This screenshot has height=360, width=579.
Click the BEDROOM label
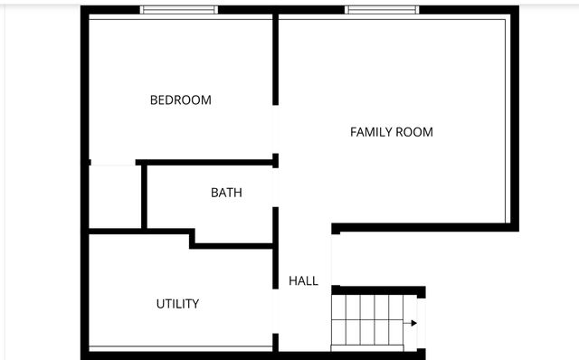pyautogui.click(x=180, y=99)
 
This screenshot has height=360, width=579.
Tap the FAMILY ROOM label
pyautogui.click(x=391, y=132)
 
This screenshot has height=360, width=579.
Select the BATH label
pyautogui.click(x=226, y=193)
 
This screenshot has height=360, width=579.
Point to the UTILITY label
pyautogui.click(x=177, y=304)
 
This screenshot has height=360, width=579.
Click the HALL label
pyautogui.click(x=303, y=281)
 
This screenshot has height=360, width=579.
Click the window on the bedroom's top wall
pyautogui.click(x=179, y=10)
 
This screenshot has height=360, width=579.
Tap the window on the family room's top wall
pyautogui.click(x=381, y=10)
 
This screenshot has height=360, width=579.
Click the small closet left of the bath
pyautogui.click(x=114, y=196)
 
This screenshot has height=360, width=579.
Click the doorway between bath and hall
pyautogui.click(x=276, y=188)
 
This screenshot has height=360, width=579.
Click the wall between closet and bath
pyautogui.click(x=143, y=196)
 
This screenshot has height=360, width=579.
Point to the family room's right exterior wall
pyautogui.click(x=515, y=118)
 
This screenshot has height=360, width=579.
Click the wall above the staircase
pyautogui.click(x=378, y=290)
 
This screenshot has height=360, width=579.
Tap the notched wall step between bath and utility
pyautogui.click(x=193, y=238)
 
